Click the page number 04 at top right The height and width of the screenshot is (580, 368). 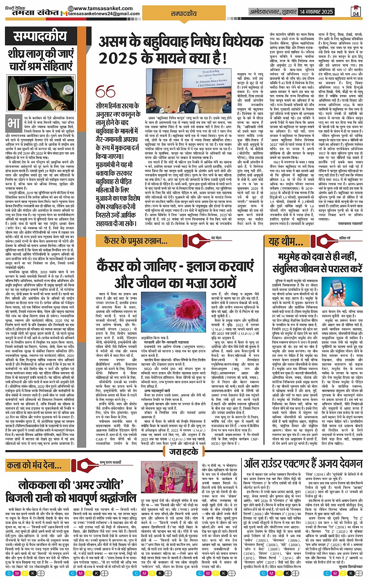(x=355, y=12)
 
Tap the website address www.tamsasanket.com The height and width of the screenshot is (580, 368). (x=96, y=8)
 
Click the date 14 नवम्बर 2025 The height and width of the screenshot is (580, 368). (x=316, y=12)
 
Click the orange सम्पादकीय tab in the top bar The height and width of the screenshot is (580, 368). (x=184, y=13)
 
